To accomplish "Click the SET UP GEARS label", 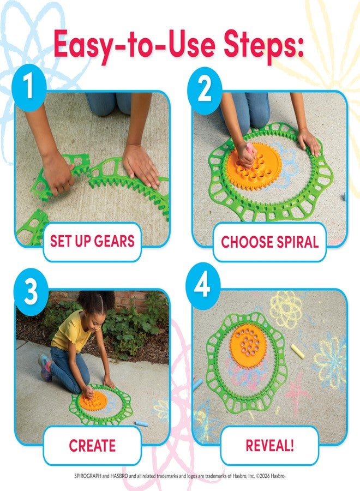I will pyautogui.click(x=92, y=241).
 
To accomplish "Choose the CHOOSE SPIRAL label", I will pyautogui.click(x=269, y=242).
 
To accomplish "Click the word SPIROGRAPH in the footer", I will pyautogui.click(x=89, y=476).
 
